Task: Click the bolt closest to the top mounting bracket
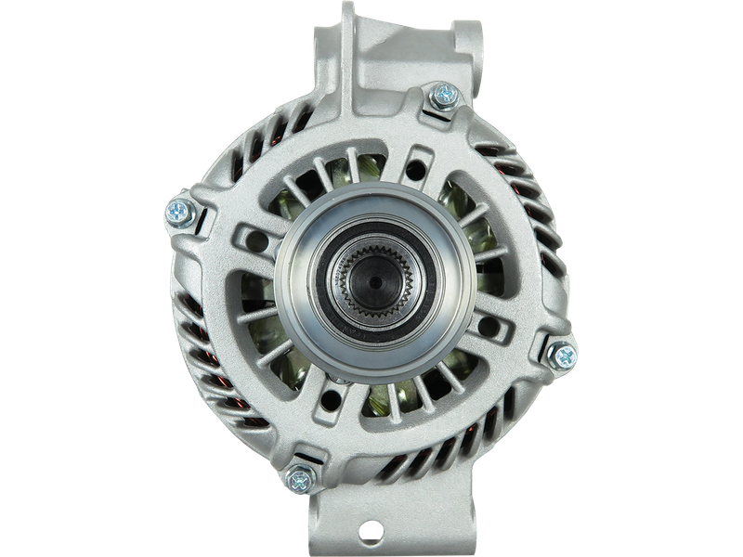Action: pyautogui.click(x=444, y=94)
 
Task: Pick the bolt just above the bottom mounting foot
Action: pyautogui.click(x=298, y=479)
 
